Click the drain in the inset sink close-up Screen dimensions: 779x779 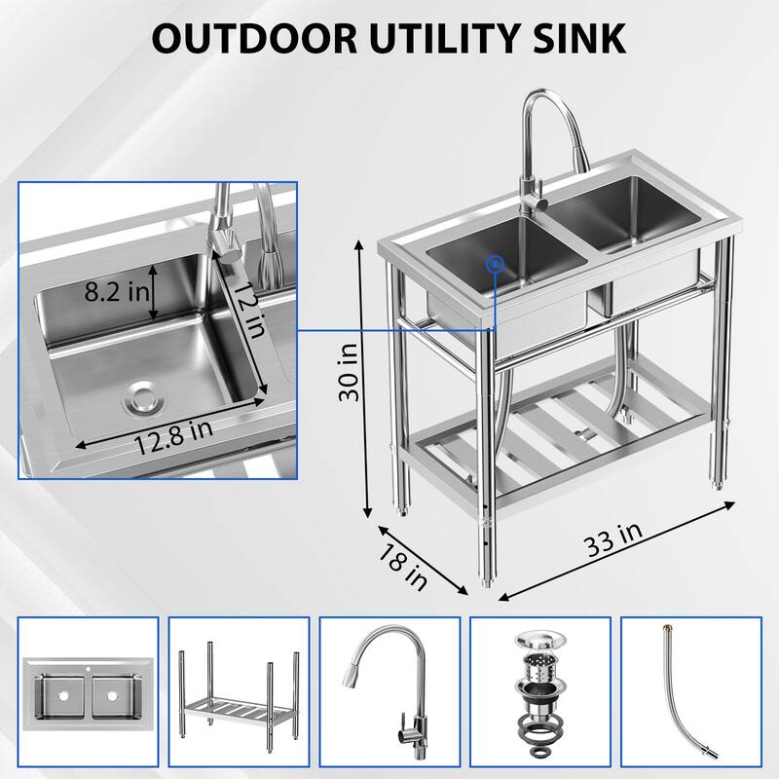click(x=143, y=395)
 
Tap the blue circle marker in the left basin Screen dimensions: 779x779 click(x=496, y=263)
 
